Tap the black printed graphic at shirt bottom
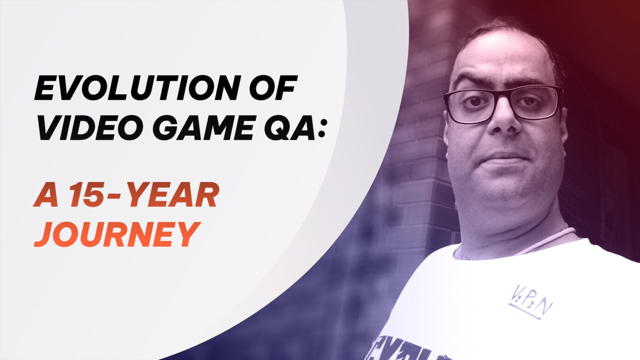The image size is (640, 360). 405,350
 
